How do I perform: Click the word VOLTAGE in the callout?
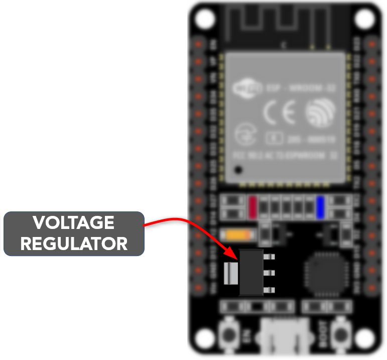[x=73, y=222]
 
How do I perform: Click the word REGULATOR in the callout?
[x=73, y=244]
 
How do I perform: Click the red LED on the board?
[x=252, y=207]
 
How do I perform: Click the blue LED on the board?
[x=320, y=206]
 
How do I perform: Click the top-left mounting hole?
[x=204, y=19]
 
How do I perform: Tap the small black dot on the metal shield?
[x=239, y=170]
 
